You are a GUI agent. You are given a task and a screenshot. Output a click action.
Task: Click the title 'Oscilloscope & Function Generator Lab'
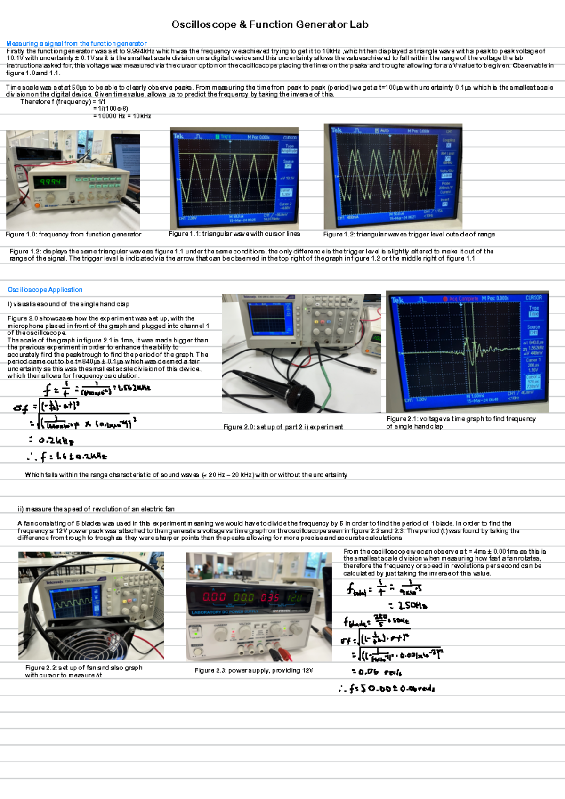pos(270,24)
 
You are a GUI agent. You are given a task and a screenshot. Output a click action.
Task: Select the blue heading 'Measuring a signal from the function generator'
pos(76,43)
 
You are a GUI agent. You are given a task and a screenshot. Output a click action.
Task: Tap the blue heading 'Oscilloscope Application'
pos(45,290)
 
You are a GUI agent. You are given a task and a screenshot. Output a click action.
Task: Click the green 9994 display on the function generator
pos(50,182)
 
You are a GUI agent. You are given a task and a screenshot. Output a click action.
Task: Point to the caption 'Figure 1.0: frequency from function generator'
pos(73,234)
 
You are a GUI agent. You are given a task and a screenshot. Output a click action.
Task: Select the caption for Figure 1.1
pos(234,234)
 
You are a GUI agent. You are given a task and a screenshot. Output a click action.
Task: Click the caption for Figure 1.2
pos(409,234)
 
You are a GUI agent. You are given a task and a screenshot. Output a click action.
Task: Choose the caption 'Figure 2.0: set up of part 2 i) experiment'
pos(283,427)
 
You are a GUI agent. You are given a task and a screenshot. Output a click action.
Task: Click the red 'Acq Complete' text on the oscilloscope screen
pos(463,299)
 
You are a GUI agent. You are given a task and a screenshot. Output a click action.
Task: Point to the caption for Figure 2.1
pos(461,422)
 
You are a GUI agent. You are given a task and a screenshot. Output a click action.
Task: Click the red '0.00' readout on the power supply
pos(214,597)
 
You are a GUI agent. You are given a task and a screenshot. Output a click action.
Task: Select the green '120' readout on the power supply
pos(295,597)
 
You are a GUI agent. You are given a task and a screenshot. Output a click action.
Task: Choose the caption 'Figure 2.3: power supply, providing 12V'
pos(254,670)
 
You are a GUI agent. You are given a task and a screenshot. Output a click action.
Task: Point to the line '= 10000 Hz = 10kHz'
pos(122,116)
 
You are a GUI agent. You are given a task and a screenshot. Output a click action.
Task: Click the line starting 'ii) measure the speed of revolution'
pos(96,509)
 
